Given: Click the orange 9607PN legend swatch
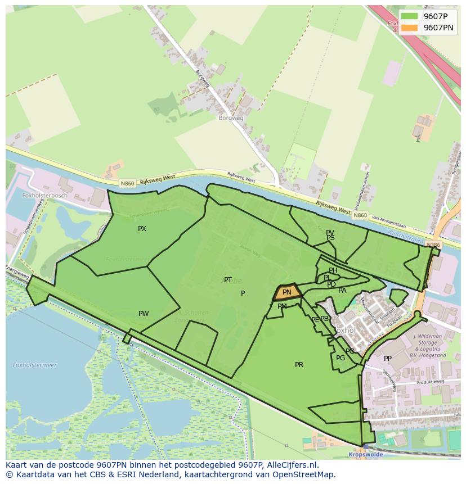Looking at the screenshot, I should (x=409, y=28).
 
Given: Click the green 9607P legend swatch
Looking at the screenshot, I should (x=409, y=16).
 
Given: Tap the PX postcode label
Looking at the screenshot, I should (x=142, y=229).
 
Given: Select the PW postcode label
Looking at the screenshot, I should (x=144, y=314).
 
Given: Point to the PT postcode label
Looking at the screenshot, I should (x=228, y=280).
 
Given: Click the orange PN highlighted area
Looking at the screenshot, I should (x=286, y=292).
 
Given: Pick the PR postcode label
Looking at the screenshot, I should (x=299, y=365).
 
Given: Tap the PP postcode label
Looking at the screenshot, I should (x=388, y=359).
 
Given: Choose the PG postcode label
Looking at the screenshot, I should (x=340, y=358).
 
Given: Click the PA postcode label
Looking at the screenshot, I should (x=342, y=291).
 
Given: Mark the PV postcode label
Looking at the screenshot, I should (x=330, y=232).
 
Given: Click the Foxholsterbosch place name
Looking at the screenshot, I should (x=44, y=196).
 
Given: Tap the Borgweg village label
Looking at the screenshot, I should (x=231, y=119).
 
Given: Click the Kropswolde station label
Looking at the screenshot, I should (x=365, y=454).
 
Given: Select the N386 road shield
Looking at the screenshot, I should (x=433, y=245).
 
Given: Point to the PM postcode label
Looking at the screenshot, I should (x=282, y=306).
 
